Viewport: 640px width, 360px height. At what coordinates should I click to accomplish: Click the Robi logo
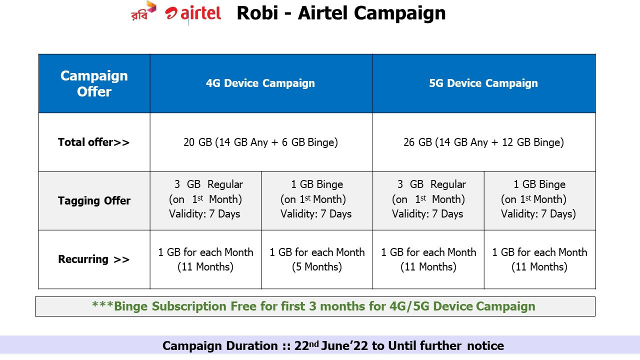click(143, 11)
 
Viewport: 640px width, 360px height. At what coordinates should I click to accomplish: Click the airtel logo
click(193, 13)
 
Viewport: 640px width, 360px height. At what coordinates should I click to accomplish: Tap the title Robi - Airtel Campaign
click(341, 13)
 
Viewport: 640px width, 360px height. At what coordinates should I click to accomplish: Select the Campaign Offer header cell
click(94, 83)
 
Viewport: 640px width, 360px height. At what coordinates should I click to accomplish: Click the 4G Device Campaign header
click(260, 83)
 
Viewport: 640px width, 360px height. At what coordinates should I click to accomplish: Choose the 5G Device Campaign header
click(483, 83)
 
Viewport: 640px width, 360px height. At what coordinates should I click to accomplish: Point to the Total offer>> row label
click(93, 142)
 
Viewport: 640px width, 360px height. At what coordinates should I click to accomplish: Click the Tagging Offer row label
click(94, 200)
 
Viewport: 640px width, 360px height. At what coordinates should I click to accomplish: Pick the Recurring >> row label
click(93, 259)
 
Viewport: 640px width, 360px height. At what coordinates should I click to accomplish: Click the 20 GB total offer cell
click(260, 142)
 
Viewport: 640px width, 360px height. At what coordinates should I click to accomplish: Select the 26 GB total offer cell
click(483, 142)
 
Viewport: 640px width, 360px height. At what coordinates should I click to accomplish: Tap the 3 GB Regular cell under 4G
click(205, 199)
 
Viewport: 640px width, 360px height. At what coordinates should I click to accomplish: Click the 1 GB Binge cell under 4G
click(316, 199)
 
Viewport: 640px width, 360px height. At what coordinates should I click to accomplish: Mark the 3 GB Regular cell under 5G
click(428, 199)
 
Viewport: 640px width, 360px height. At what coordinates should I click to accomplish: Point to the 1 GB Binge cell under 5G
click(539, 199)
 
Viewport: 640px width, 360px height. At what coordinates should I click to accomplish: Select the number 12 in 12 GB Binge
click(507, 142)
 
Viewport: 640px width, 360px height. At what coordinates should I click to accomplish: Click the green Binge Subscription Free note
click(313, 306)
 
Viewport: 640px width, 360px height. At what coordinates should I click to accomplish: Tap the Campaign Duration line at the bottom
click(333, 345)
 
